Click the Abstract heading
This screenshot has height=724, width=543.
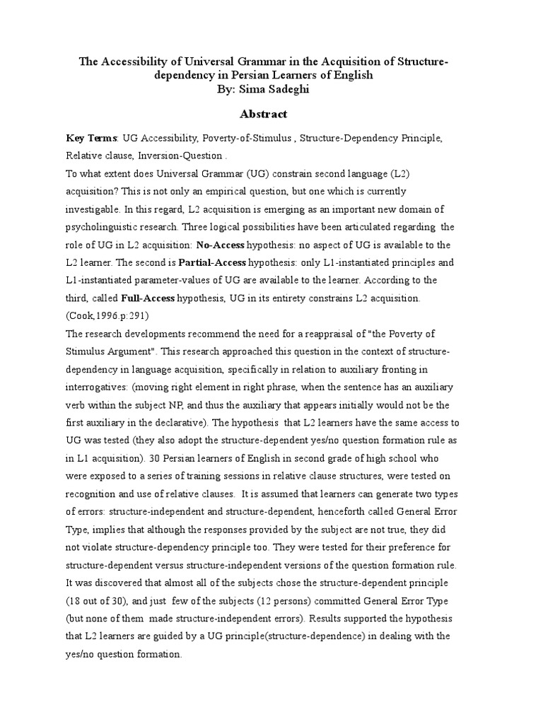[264, 113]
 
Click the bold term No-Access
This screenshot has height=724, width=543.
[222, 245]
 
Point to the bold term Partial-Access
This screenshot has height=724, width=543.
[218, 263]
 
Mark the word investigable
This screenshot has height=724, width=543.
[94, 209]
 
